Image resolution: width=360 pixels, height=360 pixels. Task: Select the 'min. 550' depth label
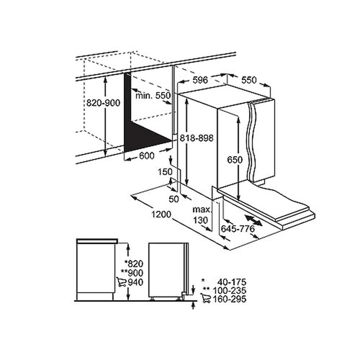(x=153, y=95)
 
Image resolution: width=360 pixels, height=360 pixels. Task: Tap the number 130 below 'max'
(x=202, y=220)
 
